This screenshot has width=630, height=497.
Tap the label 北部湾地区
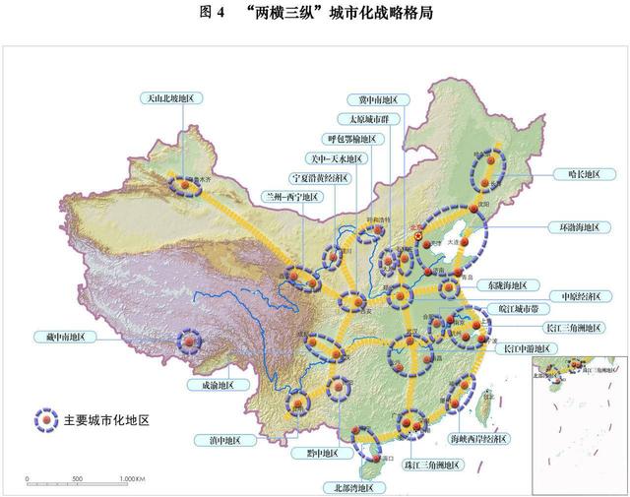coord(351,486)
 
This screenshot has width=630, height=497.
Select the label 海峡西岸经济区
coord(479,439)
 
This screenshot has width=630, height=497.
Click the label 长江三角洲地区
coord(572,328)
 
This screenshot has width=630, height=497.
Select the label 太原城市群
coord(364,120)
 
